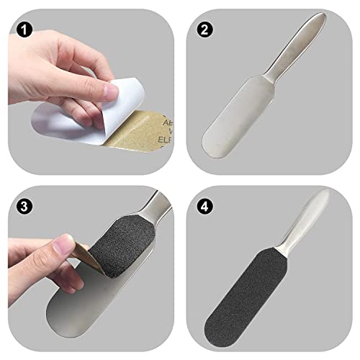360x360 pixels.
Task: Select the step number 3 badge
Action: tap(24, 205)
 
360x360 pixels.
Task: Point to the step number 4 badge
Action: tap(204, 205)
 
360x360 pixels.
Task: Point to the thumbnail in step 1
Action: tap(112, 91)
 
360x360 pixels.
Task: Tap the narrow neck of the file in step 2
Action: tap(277, 81)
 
